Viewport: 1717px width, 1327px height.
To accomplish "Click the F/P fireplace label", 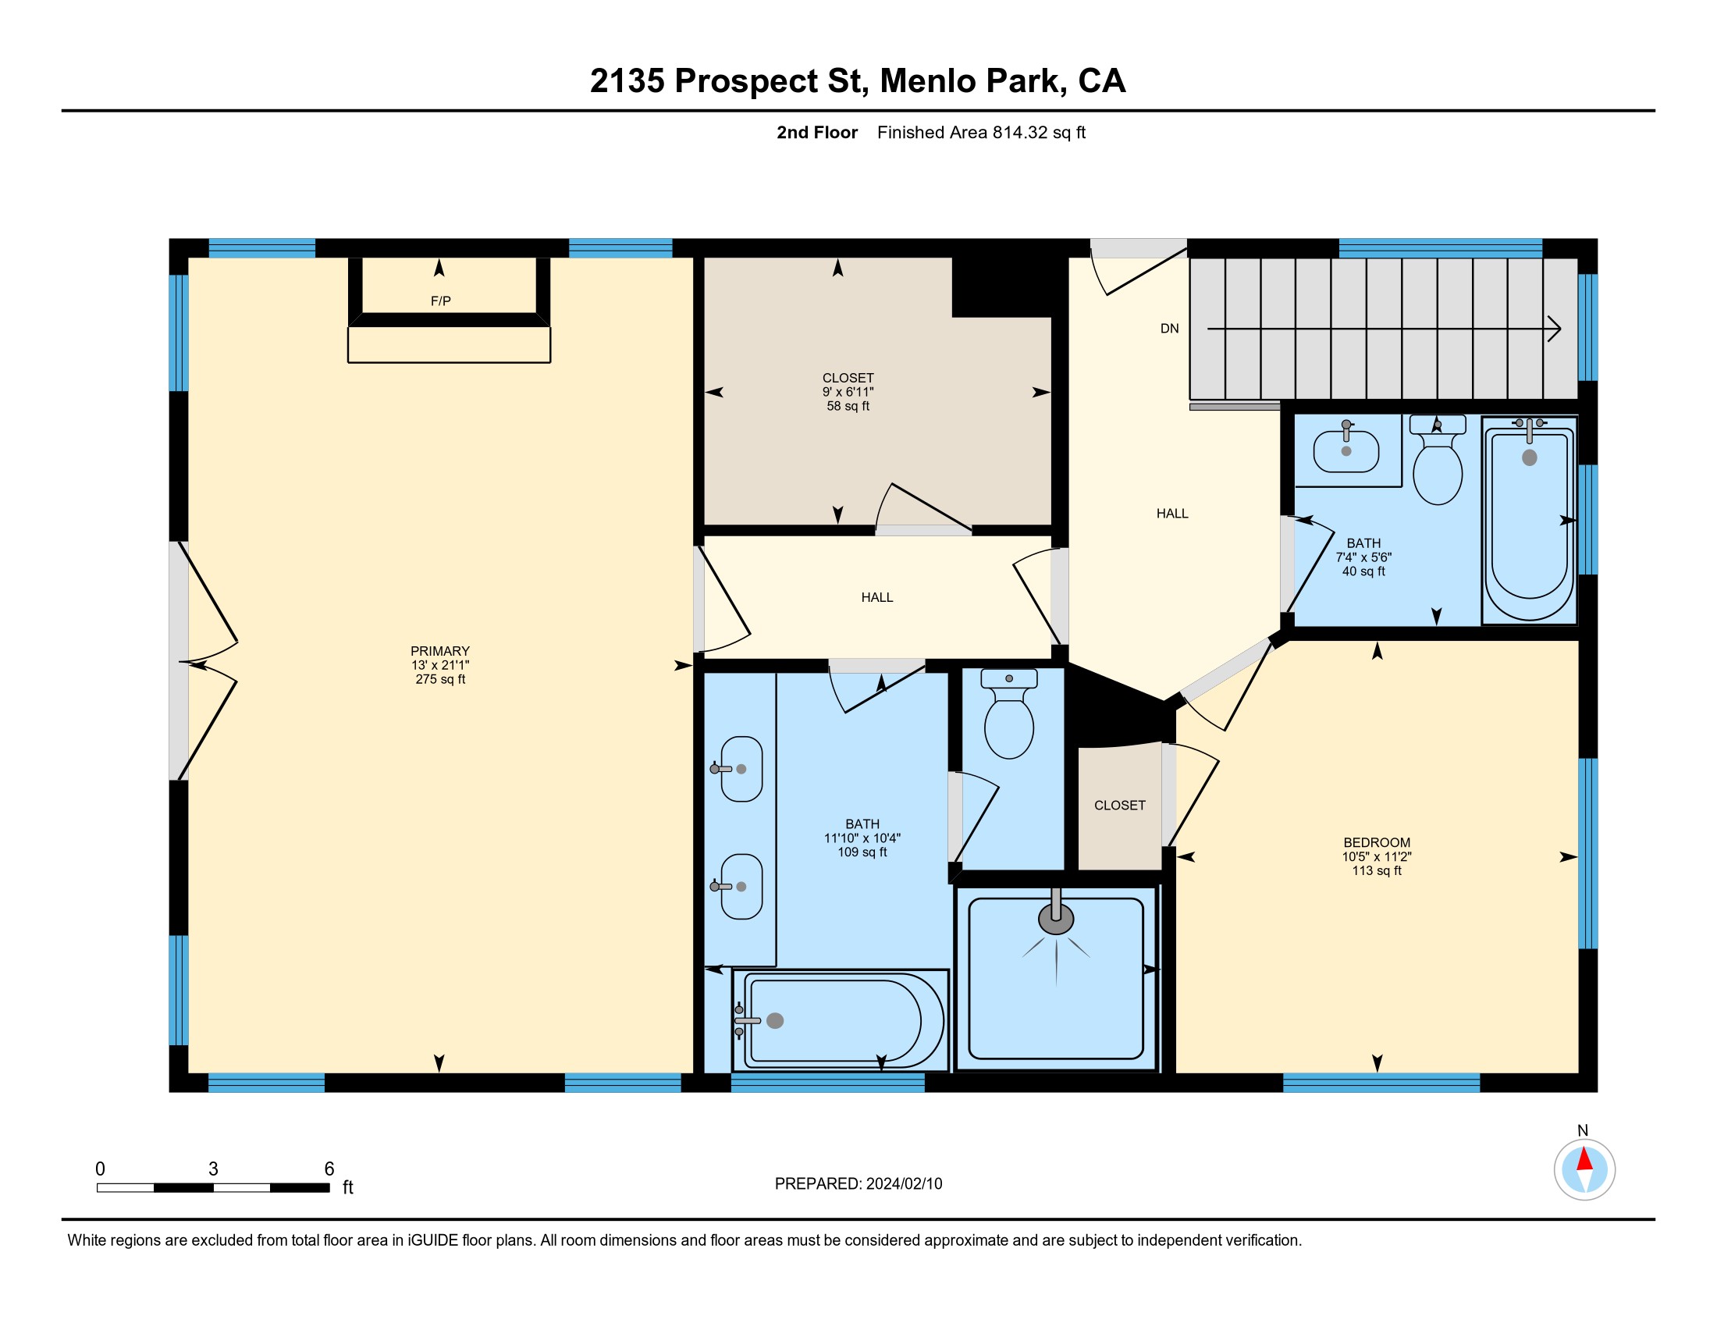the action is click(x=440, y=301).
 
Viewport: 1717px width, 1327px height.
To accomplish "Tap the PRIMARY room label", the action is click(x=440, y=651).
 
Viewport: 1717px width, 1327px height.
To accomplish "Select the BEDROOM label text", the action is click(x=1377, y=843).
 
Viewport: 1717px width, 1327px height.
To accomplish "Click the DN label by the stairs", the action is click(x=1170, y=329).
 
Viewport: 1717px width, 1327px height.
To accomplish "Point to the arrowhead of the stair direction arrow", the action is click(x=1554, y=329).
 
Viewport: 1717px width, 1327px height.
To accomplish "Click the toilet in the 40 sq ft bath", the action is click(x=1438, y=460).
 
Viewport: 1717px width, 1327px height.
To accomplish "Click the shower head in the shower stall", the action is click(x=1056, y=916).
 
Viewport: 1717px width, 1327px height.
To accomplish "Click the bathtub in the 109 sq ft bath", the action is click(x=841, y=1019).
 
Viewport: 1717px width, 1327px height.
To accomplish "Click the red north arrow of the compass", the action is click(x=1585, y=1159).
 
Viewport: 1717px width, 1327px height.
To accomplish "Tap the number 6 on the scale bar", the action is click(x=329, y=1169).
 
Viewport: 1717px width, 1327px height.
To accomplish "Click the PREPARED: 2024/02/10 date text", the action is click(x=858, y=1184).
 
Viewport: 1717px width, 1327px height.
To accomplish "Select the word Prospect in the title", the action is click(x=746, y=81).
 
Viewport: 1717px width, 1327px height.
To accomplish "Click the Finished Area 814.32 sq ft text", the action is click(x=981, y=133).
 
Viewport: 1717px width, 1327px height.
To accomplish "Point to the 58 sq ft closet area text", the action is click(x=848, y=407).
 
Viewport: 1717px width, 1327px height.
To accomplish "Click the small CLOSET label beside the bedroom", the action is click(x=1119, y=806).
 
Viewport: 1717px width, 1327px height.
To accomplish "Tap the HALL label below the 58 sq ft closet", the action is click(x=877, y=597).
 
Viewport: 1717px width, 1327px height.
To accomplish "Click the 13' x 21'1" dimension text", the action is click(x=440, y=665).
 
